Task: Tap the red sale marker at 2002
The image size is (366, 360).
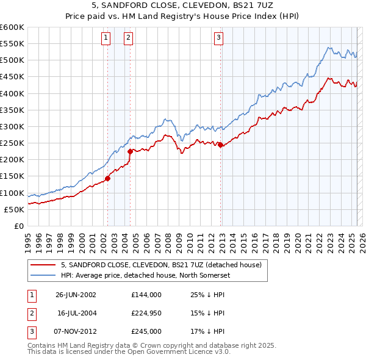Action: (x=107, y=178)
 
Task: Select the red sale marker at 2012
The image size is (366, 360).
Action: (x=220, y=145)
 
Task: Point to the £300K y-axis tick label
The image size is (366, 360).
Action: (x=12, y=126)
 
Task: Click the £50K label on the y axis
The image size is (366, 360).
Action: (x=14, y=209)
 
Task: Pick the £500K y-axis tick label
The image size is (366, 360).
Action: (x=12, y=60)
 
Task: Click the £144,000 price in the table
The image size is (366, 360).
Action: (x=146, y=294)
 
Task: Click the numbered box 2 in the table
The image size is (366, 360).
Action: (x=31, y=312)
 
